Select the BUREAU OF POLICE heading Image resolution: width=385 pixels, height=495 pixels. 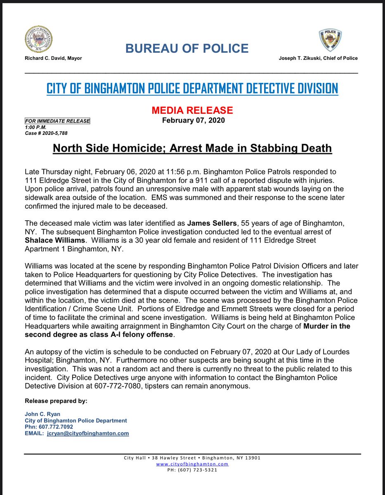click(187, 49)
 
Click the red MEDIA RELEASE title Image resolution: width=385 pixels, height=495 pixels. click(192, 110)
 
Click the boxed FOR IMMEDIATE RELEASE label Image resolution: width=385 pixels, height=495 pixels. click(57, 121)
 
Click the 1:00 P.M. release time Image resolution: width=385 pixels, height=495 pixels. click(34, 127)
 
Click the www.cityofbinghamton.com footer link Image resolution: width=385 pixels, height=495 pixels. click(192, 464)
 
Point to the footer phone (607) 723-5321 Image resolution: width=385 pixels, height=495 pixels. click(192, 469)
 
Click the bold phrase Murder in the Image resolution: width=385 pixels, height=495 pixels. click(326, 327)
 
